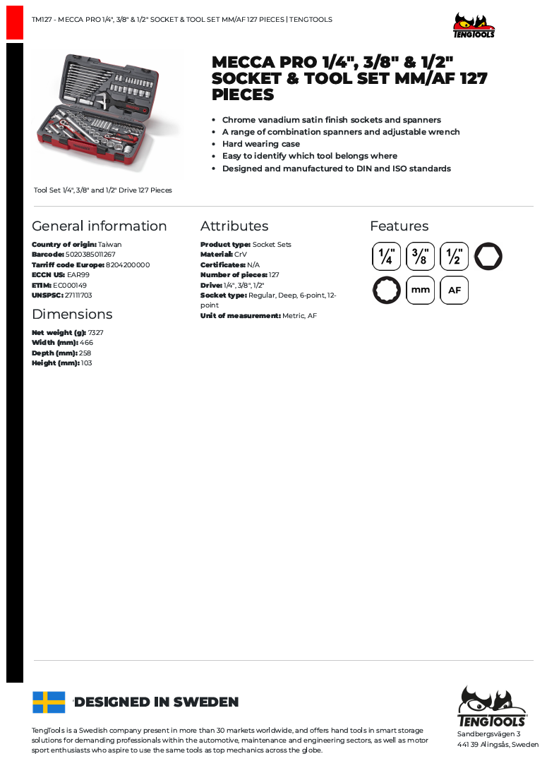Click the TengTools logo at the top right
[474, 25]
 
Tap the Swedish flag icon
[49, 702]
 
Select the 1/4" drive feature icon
[386, 256]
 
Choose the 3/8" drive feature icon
[420, 256]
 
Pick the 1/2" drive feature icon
[454, 256]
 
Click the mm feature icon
[420, 290]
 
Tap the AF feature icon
[454, 290]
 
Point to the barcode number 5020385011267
[90, 255]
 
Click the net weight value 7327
[96, 333]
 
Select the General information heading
[100, 226]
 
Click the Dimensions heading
[72, 315]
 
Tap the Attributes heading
[234, 226]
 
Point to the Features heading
[399, 226]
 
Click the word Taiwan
[109, 245]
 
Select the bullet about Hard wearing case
[261, 144]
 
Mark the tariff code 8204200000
[128, 265]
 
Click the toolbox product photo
[107, 114]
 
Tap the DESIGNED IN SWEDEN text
[157, 702]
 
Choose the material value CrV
[241, 255]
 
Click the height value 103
[86, 363]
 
